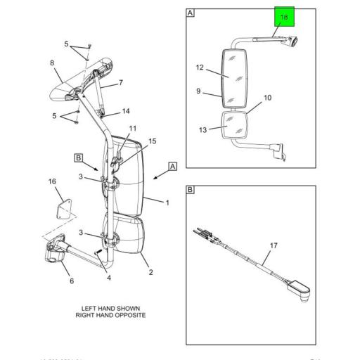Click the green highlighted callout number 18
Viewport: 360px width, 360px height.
coord(284,17)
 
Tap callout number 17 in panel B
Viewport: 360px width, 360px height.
coord(274,245)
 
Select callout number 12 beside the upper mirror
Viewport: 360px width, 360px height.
coord(199,67)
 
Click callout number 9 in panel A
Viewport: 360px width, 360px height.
coord(199,91)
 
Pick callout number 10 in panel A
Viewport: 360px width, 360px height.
coord(266,98)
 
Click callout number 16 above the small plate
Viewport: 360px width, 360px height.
coord(52,183)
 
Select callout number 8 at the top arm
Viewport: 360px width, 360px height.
coord(52,63)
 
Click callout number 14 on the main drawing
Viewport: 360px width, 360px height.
coord(126,111)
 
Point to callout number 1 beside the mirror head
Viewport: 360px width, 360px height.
coord(167,203)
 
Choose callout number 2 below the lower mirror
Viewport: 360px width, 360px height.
coord(149,272)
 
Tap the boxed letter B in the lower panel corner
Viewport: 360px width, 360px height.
coord(191,190)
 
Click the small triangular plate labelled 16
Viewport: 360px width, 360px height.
coord(64,209)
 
